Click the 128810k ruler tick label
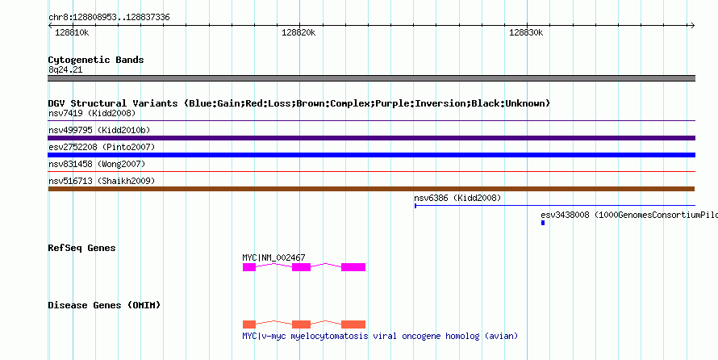coord(72,32)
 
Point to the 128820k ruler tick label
coord(298,32)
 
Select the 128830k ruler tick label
coord(526,32)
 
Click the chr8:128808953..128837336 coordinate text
coord(109,18)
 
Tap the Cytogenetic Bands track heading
coord(96,60)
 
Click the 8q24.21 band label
coord(65,70)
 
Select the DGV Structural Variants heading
coord(299,103)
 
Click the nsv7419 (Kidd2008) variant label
coord(92,113)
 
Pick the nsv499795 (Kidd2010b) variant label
coord(99,131)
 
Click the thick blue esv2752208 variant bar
coord(372,155)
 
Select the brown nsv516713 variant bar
coord(371,189)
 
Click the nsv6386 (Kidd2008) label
coord(457,199)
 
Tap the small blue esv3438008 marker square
coord(543,223)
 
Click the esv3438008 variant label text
coord(629,215)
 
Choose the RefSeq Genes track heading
coord(82,248)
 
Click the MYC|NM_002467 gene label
coord(273,257)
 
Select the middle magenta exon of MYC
coord(301,267)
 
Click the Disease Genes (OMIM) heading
coord(104,305)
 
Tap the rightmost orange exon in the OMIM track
coord(353,324)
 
